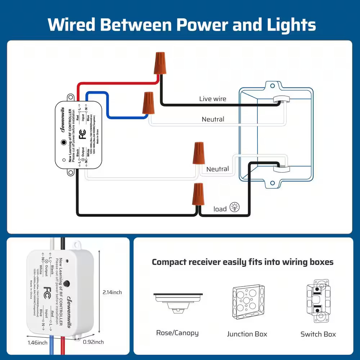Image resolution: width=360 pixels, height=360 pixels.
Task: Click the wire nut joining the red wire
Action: click(160, 63)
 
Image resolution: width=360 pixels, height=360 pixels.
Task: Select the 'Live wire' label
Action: click(213, 99)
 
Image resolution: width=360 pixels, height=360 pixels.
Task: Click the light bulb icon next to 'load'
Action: click(235, 207)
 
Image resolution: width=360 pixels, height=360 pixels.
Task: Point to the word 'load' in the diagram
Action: click(220, 209)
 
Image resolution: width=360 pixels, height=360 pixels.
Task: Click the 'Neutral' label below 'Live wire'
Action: click(213, 119)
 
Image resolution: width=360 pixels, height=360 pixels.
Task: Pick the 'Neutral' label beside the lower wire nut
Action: click(217, 169)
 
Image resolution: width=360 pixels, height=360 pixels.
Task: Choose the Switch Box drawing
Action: click(318, 301)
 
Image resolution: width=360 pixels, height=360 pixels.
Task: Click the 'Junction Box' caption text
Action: click(247, 334)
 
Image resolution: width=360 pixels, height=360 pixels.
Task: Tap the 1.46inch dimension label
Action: click(37, 342)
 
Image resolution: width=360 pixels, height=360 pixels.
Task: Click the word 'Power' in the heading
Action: click(198, 24)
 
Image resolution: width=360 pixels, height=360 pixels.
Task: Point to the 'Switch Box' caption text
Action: click(318, 334)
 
